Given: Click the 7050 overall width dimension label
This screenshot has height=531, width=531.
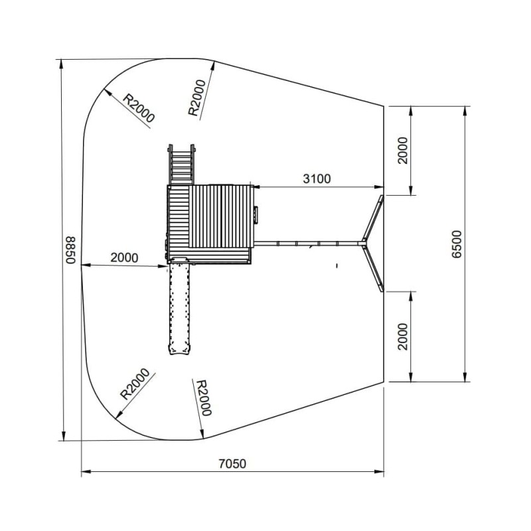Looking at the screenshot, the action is click(x=232, y=463).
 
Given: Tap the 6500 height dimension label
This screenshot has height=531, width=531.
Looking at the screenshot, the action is click(x=457, y=244).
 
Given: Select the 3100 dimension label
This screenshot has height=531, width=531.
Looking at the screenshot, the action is click(x=317, y=179).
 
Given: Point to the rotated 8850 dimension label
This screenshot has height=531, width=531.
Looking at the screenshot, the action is click(x=70, y=250).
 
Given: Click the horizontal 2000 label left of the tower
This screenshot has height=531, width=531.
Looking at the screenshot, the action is click(x=124, y=258).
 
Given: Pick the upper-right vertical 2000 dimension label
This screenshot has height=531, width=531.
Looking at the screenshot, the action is click(x=403, y=151).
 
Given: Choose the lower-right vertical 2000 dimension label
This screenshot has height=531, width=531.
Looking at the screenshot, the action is click(x=403, y=337).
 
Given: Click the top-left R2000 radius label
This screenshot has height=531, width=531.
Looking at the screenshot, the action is click(x=139, y=108).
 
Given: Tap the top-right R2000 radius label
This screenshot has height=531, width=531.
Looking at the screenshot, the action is click(x=196, y=98).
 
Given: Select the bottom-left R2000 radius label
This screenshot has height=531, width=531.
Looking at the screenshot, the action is click(x=135, y=384).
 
